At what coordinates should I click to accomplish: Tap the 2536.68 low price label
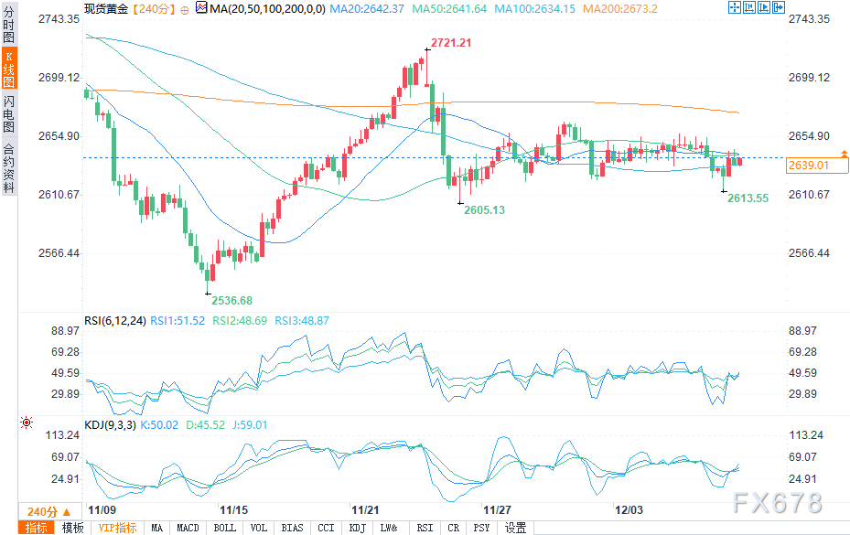(231, 300)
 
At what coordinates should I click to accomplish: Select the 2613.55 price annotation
(748, 198)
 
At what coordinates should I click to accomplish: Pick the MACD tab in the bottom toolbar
(188, 528)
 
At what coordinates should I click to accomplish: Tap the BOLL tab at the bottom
(223, 528)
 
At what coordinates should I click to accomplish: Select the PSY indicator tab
(481, 528)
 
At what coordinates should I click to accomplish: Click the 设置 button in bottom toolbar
(515, 528)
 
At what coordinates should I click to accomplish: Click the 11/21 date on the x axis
(365, 508)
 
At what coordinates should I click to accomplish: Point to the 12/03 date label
(629, 508)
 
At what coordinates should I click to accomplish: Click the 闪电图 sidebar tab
(8, 113)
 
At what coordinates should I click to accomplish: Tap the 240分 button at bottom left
(42, 510)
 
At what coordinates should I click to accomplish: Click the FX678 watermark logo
(778, 503)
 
